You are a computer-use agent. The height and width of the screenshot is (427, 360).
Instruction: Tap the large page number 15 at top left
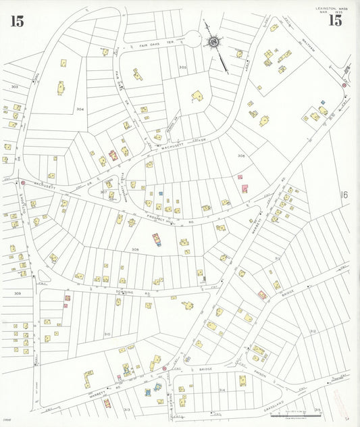coord(17,21)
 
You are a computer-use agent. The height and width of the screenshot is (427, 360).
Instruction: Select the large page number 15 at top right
coord(334,20)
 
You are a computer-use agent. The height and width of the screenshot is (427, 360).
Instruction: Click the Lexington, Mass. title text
coord(329,8)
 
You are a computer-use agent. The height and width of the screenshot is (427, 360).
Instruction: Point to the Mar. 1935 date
coord(328,12)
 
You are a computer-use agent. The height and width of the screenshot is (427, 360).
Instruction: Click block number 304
coord(80,109)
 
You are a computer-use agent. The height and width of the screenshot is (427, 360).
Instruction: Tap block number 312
coord(313,331)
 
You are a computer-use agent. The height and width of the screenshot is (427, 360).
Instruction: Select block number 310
coord(107,334)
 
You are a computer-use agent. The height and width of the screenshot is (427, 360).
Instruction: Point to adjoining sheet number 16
coord(344,195)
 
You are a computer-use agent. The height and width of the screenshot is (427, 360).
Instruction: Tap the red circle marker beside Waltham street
coord(344,86)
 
